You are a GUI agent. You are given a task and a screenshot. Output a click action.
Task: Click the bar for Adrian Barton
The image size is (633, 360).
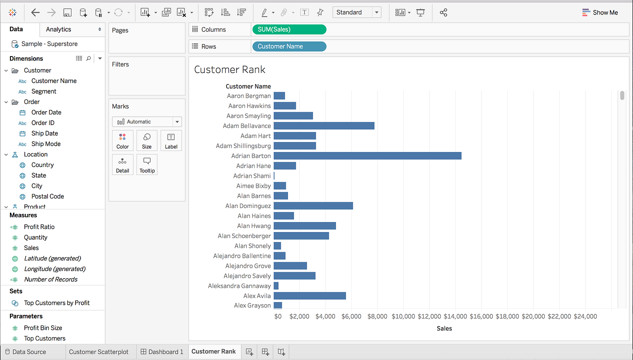tap(367, 156)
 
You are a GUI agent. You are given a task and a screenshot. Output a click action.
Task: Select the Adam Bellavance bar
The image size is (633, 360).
tap(324, 126)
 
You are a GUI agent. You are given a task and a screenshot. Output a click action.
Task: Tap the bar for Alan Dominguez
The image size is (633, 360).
tap(313, 206)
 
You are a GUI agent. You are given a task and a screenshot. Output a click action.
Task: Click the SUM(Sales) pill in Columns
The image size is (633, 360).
tap(288, 29)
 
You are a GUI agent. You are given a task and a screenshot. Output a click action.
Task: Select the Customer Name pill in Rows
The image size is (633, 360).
tap(288, 46)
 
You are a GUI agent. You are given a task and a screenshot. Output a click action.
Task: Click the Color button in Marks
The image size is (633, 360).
tap(123, 141)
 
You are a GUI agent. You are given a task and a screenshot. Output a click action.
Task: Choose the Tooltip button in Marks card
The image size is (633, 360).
tap(147, 165)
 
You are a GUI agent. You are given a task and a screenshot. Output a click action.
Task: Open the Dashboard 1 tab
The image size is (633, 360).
tap(162, 351)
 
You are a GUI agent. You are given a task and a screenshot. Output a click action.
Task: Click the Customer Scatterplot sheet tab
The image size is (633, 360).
tap(99, 351)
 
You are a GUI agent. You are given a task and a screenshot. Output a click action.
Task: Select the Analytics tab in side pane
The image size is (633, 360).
tap(59, 29)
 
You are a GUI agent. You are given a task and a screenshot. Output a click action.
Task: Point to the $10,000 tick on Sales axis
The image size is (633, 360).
tap(403, 316)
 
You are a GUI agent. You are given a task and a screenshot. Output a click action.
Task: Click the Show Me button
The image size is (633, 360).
tap(600, 12)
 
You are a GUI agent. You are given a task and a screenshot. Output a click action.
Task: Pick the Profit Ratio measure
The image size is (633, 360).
tap(39, 227)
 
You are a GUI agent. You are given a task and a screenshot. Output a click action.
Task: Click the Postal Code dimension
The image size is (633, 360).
tap(47, 196)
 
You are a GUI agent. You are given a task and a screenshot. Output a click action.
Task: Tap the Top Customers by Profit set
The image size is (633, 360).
tap(57, 303)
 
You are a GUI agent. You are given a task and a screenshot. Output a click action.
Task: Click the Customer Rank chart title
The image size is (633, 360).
tap(230, 70)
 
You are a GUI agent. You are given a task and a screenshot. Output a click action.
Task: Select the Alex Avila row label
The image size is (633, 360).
tap(257, 296)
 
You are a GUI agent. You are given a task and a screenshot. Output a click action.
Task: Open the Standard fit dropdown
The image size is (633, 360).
tap(356, 12)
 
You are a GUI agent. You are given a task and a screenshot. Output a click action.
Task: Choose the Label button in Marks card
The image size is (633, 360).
tap(171, 141)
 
